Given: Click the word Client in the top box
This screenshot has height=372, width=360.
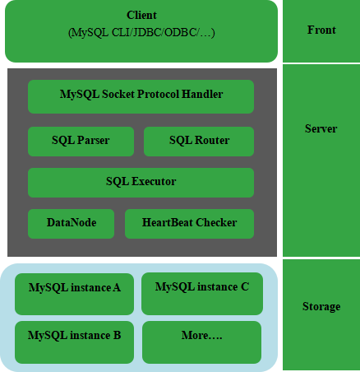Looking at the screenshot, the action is pos(141,15).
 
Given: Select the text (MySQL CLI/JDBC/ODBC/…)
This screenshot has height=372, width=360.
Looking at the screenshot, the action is pos(141,33).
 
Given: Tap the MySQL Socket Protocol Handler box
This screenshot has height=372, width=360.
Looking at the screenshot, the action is pos(141,96).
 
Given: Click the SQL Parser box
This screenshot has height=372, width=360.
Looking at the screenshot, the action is pos(81,142).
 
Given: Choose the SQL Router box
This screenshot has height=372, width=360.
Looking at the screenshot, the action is pos(199,142).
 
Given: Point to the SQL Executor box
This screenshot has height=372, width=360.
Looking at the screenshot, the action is pos(141,183).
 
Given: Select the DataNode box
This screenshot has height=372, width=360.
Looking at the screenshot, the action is pos(71,224).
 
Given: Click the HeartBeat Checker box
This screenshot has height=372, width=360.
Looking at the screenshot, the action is pos(189,224).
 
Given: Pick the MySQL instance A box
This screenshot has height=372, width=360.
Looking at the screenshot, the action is pos(74,294).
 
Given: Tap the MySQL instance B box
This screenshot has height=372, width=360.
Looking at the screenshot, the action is pos(74,342).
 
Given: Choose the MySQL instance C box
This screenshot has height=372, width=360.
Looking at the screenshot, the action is pos(202,294).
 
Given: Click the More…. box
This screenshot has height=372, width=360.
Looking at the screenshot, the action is pos(201,342).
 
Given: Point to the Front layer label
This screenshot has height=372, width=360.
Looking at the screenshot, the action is pos(321,30).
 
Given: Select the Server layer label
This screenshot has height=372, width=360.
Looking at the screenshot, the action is pos(321,128).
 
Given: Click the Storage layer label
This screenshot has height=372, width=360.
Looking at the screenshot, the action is pos(321,306).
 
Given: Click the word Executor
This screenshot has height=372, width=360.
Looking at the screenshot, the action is pos(154,181).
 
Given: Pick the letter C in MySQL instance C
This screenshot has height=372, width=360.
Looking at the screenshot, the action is pos(245,287).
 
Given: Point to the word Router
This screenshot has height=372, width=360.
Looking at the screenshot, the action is pos(212,140).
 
